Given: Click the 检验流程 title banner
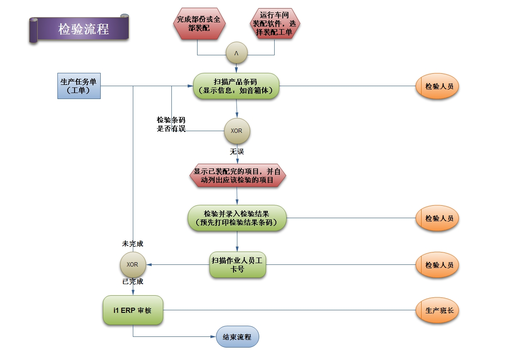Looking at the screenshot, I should click(83, 29).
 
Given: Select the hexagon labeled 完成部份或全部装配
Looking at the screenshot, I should click(200, 24).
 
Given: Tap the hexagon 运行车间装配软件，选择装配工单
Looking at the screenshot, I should click(275, 24).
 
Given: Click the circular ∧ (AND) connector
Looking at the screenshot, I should click(237, 53).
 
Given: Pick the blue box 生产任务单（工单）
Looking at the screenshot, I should click(79, 86).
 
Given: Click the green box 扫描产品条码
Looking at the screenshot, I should click(236, 86).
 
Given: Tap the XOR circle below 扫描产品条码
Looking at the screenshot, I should click(237, 131).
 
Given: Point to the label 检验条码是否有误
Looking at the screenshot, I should click(171, 124).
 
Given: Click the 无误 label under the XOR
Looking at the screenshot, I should click(237, 152).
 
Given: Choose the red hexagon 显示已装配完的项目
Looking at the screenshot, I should click(237, 176).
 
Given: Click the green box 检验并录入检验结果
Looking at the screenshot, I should click(237, 218).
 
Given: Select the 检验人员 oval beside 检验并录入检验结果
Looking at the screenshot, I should click(437, 218).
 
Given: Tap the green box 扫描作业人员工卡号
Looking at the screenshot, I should click(238, 265).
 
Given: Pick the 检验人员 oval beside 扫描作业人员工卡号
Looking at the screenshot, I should click(437, 265).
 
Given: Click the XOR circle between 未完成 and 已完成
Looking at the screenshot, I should click(132, 264).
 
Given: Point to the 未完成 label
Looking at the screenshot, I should click(132, 244).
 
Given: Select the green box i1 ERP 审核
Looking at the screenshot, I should click(133, 310).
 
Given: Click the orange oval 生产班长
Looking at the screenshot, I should click(437, 310).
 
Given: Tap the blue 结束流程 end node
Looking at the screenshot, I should click(237, 337).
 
